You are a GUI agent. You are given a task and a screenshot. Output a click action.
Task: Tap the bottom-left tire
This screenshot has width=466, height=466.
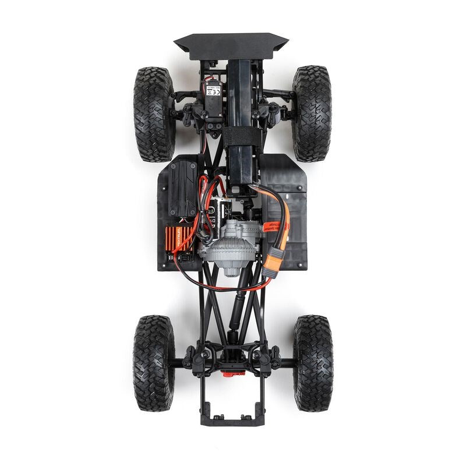click(x=154, y=363)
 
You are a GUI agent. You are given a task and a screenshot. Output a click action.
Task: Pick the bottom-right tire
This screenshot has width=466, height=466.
click(x=313, y=363)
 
